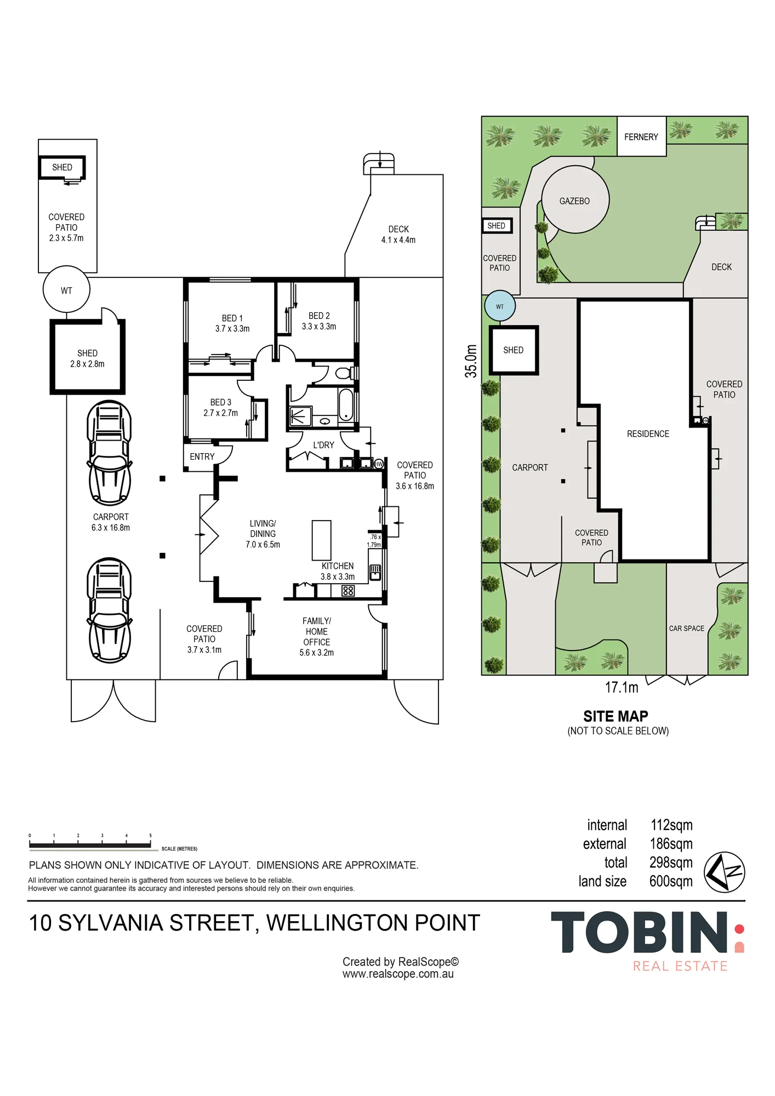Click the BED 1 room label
[x=232, y=318]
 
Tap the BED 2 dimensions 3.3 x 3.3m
[x=319, y=327]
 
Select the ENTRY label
[x=202, y=456]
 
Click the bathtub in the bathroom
[x=346, y=404]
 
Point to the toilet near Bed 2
[x=344, y=373]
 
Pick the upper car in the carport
[x=110, y=453]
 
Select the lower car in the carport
[x=110, y=610]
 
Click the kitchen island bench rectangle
[x=322, y=540]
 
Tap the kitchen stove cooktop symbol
[x=348, y=590]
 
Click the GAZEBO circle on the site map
[x=575, y=200]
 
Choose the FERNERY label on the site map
[x=641, y=137]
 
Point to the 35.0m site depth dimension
[x=471, y=361]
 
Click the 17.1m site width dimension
[x=622, y=687]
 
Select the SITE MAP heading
[x=616, y=716]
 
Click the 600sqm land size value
[x=671, y=881]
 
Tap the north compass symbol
[x=724, y=872]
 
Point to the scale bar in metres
[x=90, y=846]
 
